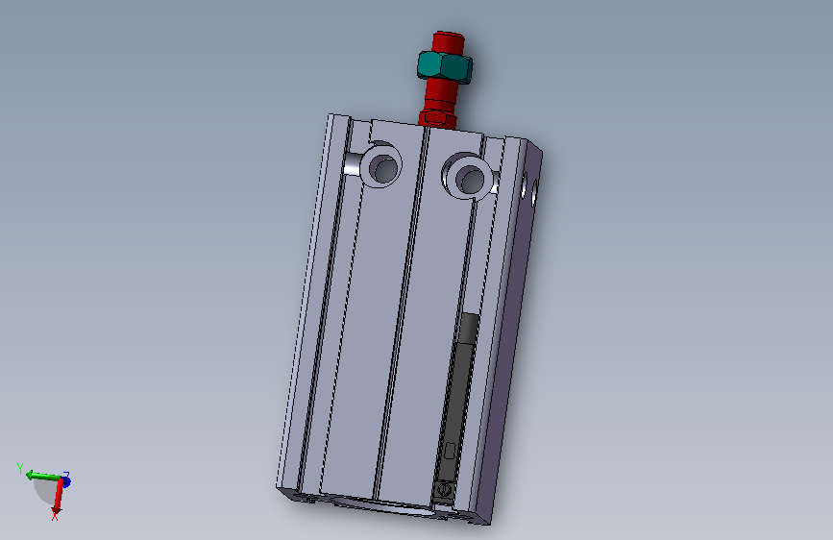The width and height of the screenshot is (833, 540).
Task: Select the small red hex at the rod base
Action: coord(438,117)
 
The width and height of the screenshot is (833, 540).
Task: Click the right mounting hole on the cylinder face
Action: coord(471,177)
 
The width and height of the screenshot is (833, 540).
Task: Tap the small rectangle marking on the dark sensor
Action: coord(449,450)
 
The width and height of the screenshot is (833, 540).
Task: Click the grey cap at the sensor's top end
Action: coord(469,329)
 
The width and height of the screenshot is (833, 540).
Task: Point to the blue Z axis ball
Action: coord(65,480)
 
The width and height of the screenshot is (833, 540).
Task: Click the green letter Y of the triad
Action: coord(19,466)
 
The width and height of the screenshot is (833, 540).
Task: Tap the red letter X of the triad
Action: coord(55,518)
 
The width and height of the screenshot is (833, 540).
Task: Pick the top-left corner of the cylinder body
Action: coord(330,115)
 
